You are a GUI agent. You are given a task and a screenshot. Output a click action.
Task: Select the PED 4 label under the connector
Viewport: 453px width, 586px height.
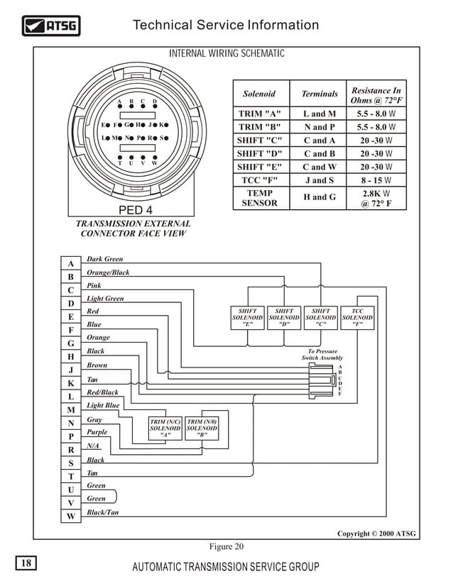tap(135, 210)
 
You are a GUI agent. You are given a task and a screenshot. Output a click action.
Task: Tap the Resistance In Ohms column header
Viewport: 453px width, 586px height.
tap(376, 95)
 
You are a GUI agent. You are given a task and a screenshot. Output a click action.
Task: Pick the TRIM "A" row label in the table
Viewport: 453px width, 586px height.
tap(259, 114)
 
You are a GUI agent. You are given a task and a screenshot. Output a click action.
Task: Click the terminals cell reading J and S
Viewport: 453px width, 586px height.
tap(320, 180)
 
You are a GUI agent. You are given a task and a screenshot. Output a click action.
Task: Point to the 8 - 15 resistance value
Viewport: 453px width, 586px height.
tap(376, 180)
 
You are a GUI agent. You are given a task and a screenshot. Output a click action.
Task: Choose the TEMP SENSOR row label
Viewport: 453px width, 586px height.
tap(259, 198)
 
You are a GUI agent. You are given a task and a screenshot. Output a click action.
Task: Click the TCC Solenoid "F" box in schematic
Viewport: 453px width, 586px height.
tap(357, 317)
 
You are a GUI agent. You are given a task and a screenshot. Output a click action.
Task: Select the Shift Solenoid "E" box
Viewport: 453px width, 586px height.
tap(248, 317)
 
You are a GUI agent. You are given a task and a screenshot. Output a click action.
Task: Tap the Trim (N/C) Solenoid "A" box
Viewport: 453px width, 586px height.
tap(165, 429)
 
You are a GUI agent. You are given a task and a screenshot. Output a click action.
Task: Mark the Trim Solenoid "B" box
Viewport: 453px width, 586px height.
tap(202, 429)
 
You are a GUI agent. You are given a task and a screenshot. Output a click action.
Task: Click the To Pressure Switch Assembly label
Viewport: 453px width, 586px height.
tap(322, 355)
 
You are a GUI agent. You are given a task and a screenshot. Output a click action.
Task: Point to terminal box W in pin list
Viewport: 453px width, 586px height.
tap(70, 516)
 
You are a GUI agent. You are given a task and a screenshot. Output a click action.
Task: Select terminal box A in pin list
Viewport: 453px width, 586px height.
tap(70, 263)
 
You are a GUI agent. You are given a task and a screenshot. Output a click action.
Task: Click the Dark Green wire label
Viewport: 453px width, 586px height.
tap(104, 260)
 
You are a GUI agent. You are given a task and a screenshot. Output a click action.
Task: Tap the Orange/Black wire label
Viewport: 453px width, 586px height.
tap(108, 272)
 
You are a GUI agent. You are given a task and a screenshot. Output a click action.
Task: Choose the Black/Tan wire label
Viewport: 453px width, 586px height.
tap(102, 512)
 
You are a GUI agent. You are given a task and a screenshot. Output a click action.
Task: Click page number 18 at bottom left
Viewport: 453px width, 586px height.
tap(26, 563)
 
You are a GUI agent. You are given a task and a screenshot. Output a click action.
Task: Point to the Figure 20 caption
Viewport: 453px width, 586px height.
tap(226, 546)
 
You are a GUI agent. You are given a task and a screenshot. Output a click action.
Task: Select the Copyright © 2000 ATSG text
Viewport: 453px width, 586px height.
tap(376, 534)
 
